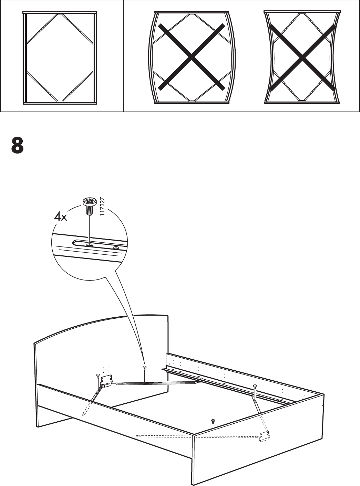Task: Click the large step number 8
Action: [17, 145]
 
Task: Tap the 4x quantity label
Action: [61, 217]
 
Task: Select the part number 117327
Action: [102, 206]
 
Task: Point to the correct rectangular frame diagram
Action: [60, 57]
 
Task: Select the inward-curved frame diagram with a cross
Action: [302, 57]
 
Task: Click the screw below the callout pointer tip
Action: [144, 368]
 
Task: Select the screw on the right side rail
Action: [255, 386]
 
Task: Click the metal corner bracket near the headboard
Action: [106, 380]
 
